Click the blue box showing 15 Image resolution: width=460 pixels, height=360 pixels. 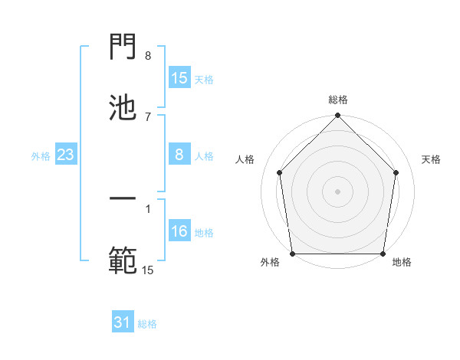click(179, 78)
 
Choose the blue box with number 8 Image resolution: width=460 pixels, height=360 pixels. click(179, 155)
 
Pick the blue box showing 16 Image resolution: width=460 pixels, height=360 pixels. click(179, 232)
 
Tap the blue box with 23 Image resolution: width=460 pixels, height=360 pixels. click(66, 155)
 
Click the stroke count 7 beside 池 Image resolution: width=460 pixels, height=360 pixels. click(148, 116)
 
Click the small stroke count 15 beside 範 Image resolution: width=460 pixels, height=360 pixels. click(148, 270)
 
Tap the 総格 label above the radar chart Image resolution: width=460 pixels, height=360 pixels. click(338, 100)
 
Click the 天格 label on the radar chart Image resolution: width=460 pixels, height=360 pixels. click(432, 159)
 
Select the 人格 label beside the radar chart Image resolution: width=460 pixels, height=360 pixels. click(245, 159)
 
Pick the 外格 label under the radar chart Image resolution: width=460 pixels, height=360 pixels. click(270, 263)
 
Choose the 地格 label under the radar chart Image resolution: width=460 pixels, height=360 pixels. click(402, 263)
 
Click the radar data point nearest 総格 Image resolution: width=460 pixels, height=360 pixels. click(338, 116)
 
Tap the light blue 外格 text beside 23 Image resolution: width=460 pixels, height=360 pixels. click(41, 156)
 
